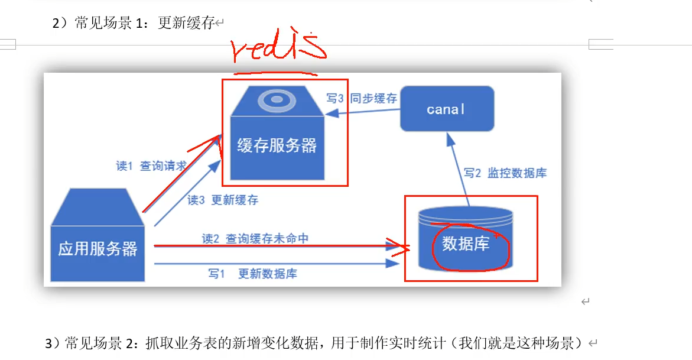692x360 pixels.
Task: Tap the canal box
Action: [446, 109]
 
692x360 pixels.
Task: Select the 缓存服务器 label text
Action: [277, 145]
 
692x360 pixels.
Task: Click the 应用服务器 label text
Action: [98, 248]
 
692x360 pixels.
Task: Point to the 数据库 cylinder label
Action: [466, 244]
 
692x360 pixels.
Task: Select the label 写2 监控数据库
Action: [505, 173]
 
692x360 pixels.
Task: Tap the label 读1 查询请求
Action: [151, 166]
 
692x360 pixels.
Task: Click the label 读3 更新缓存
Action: [223, 200]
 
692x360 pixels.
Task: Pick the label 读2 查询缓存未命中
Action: [255, 238]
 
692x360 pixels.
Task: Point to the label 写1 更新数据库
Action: [252, 274]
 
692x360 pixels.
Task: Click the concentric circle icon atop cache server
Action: [277, 100]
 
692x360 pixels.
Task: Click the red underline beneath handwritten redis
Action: [275, 74]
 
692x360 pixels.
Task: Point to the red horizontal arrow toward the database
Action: [278, 245]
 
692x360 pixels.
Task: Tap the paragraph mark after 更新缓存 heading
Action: [219, 24]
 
